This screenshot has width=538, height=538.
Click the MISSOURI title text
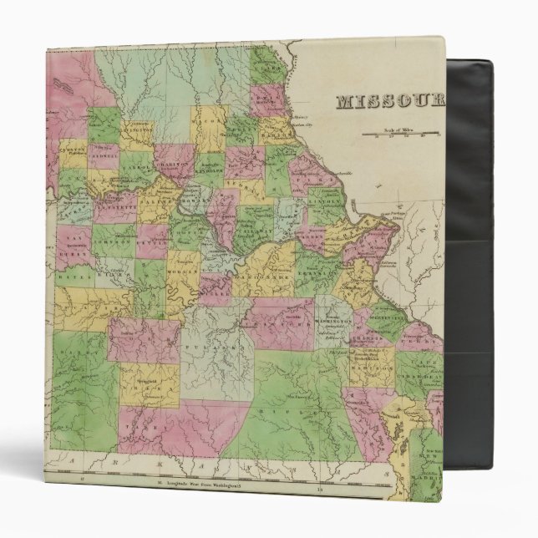coord(388,102)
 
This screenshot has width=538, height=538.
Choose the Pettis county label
coord(151,244)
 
